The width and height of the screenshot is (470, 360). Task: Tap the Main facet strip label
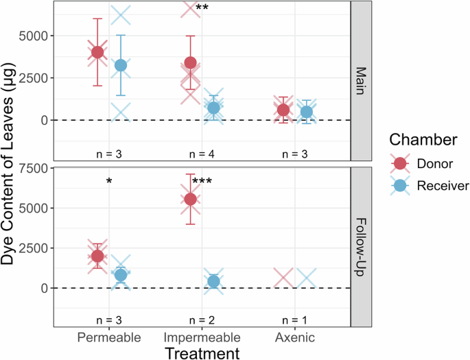click(x=360, y=81)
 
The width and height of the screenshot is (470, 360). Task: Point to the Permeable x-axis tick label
click(x=109, y=337)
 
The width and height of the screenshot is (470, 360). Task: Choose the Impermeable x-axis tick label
click(x=202, y=337)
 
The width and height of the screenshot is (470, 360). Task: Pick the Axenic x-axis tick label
click(x=294, y=337)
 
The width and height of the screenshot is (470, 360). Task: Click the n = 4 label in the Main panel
click(x=202, y=152)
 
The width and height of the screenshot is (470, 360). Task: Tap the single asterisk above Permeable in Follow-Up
click(x=110, y=182)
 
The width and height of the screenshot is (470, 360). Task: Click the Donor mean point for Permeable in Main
click(x=98, y=52)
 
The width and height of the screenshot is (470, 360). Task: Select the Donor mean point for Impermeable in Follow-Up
click(x=191, y=199)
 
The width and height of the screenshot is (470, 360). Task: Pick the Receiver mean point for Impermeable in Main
click(x=213, y=108)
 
